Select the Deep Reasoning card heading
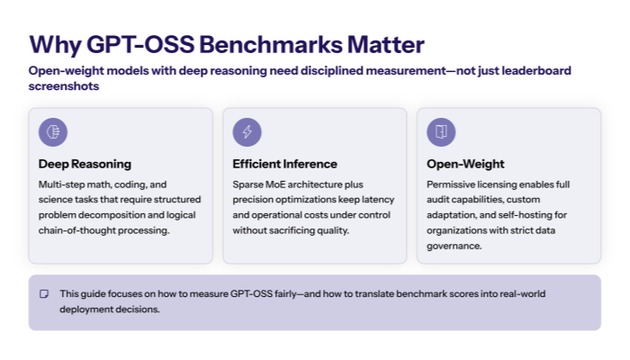(85, 164)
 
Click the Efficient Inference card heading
(284, 164)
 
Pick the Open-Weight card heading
(465, 164)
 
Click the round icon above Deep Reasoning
(53, 132)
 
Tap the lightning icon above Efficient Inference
(247, 132)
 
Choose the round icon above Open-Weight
(441, 132)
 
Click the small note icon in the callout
(43, 294)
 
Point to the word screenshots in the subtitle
(63, 87)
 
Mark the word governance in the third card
(454, 245)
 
